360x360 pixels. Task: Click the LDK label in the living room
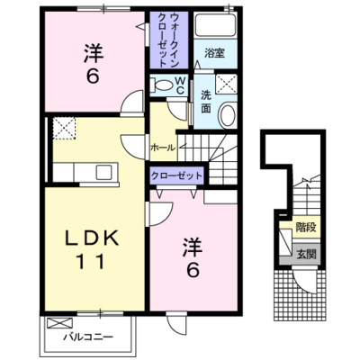tap(92, 238)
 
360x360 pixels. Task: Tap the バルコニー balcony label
tap(88, 337)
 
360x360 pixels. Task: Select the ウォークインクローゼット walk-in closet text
tap(168, 40)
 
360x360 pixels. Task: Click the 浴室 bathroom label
tap(215, 53)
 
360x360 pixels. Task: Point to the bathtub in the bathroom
tap(215, 25)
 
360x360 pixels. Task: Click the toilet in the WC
tap(161, 85)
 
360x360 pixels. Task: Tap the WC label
tap(180, 85)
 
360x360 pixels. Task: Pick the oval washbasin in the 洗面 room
tap(228, 115)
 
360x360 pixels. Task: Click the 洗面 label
tap(206, 102)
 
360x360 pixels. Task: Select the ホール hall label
tap(163, 148)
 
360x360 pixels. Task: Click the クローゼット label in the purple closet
tap(176, 175)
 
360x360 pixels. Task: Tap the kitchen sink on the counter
tap(103, 173)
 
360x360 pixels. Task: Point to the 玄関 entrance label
tap(307, 255)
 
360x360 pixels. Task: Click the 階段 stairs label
tap(306, 228)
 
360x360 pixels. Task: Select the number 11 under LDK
tap(92, 262)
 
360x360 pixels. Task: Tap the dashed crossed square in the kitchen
tap(64, 129)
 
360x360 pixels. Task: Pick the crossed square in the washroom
tap(227, 84)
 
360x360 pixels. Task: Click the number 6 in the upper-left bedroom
tap(93, 76)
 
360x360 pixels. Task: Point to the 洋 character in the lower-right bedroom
tap(193, 247)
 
